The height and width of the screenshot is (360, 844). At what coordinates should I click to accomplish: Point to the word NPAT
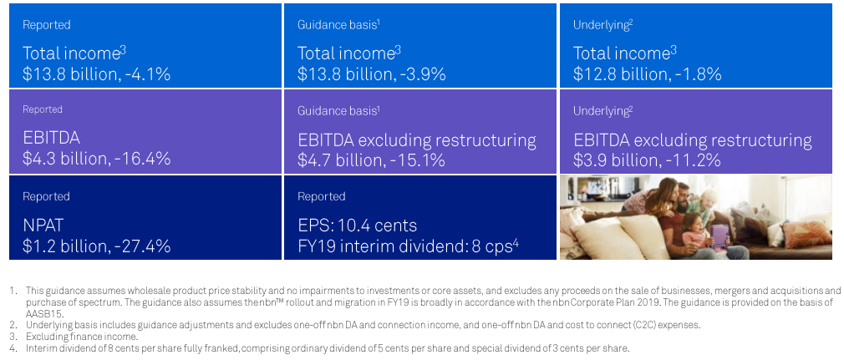click(x=43, y=226)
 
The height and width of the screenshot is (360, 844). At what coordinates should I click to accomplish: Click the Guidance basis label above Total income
click(x=337, y=25)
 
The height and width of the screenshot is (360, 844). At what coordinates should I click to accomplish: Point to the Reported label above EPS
click(x=322, y=196)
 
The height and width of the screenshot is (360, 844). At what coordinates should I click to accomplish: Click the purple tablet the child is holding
click(x=719, y=236)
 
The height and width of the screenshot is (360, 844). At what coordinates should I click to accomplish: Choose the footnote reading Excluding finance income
click(x=82, y=337)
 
